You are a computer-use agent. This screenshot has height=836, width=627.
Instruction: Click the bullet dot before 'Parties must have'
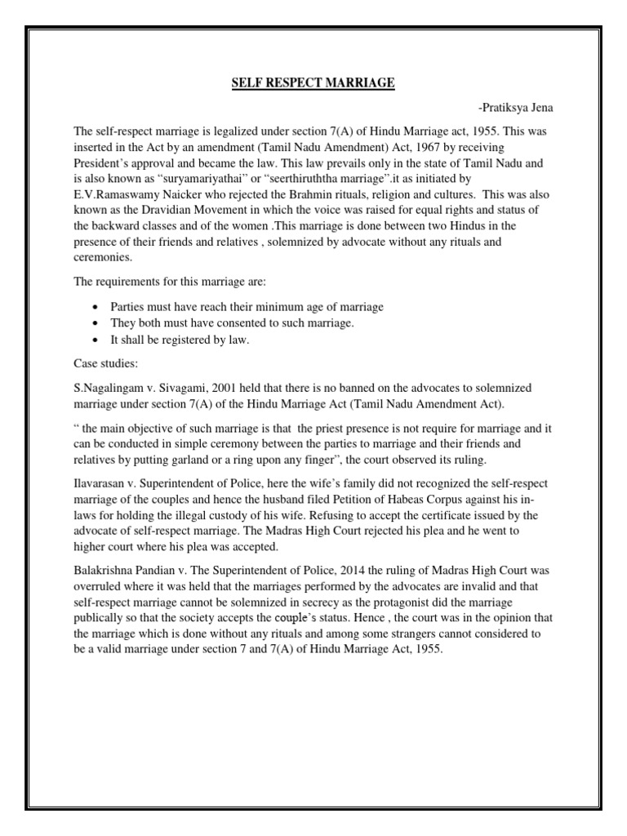pos(97,307)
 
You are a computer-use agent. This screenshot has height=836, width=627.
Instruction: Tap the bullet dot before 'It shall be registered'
pos(97,340)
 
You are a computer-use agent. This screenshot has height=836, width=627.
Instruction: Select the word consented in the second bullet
pos(236,323)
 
